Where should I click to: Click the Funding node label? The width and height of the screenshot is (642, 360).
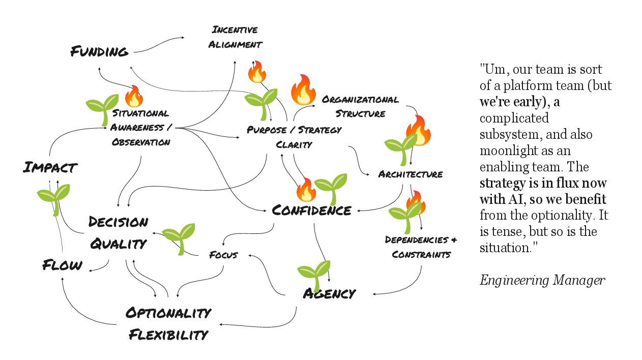pyautogui.click(x=99, y=51)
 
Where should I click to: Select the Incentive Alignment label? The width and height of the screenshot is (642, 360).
pyautogui.click(x=235, y=37)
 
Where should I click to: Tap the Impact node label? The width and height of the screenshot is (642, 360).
pyautogui.click(x=50, y=167)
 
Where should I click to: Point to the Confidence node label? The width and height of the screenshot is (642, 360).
pyautogui.click(x=311, y=210)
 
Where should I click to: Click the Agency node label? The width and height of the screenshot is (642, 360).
pyautogui.click(x=329, y=293)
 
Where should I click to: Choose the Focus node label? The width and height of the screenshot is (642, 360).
pyautogui.click(x=223, y=255)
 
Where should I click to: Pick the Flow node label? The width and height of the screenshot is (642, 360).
pyautogui.click(x=62, y=265)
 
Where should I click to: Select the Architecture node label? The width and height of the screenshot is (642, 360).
pyautogui.click(x=410, y=174)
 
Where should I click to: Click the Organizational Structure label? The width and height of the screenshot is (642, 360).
pyautogui.click(x=360, y=106)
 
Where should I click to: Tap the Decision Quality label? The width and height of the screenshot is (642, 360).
pyautogui.click(x=118, y=233)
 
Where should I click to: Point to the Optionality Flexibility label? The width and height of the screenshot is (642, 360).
pyautogui.click(x=168, y=323)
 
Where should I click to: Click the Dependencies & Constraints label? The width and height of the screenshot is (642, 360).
pyautogui.click(x=421, y=247)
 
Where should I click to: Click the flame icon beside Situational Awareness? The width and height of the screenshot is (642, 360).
pyautogui.click(x=134, y=96)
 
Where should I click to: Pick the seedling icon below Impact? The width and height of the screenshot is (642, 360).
pyautogui.click(x=54, y=199)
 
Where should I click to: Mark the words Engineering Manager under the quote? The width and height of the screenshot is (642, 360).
pyautogui.click(x=542, y=280)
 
